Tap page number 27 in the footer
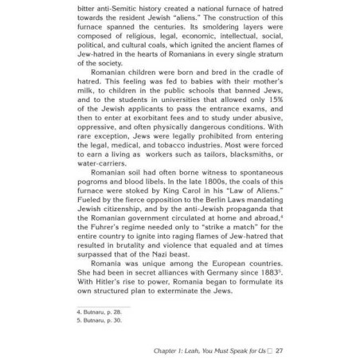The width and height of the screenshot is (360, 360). pos(280,350)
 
